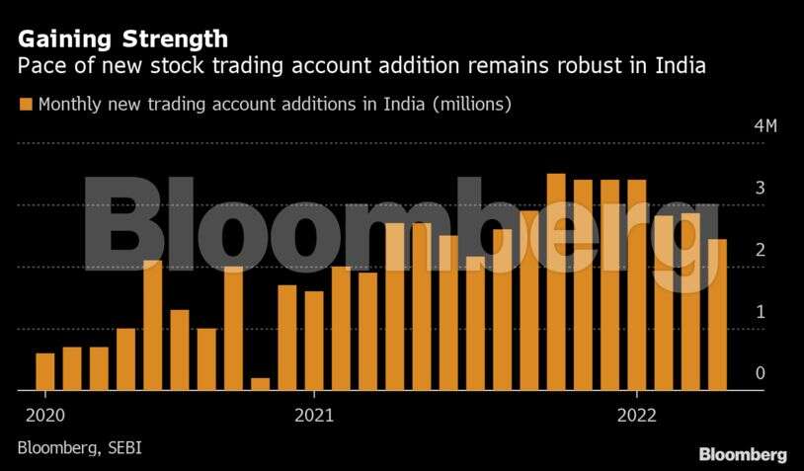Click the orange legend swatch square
tap(26, 103)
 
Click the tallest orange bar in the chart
tap(556, 281)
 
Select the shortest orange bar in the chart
tap(260, 383)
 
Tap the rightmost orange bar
tap(718, 314)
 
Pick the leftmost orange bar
tap(45, 371)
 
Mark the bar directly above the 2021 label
tap(314, 340)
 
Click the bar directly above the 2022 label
tap(637, 284)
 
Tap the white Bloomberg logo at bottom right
tap(743, 454)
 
